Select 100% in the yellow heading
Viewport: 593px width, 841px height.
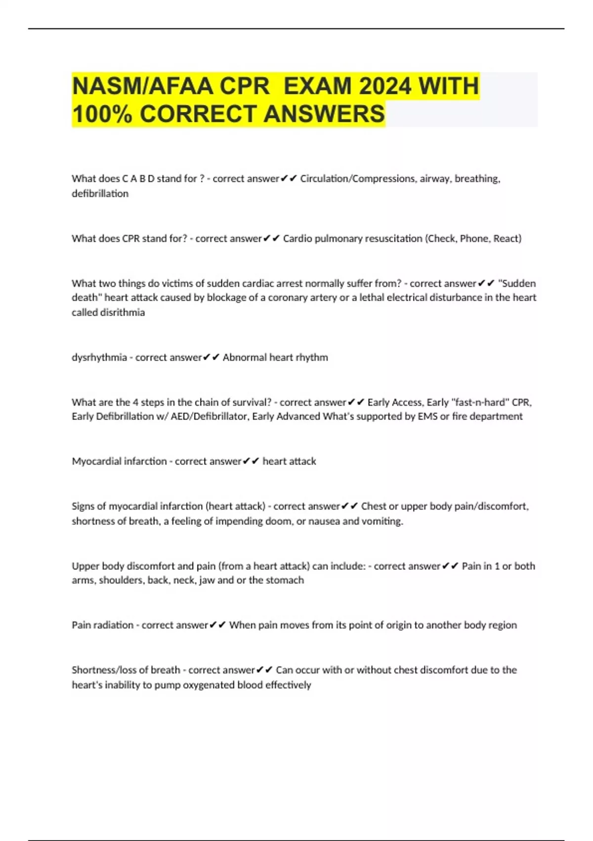click(102, 114)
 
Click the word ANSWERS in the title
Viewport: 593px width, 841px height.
click(324, 114)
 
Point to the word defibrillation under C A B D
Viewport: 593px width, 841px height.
click(100, 193)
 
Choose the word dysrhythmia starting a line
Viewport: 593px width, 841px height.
click(99, 357)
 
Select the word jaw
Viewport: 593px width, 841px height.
click(207, 580)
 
